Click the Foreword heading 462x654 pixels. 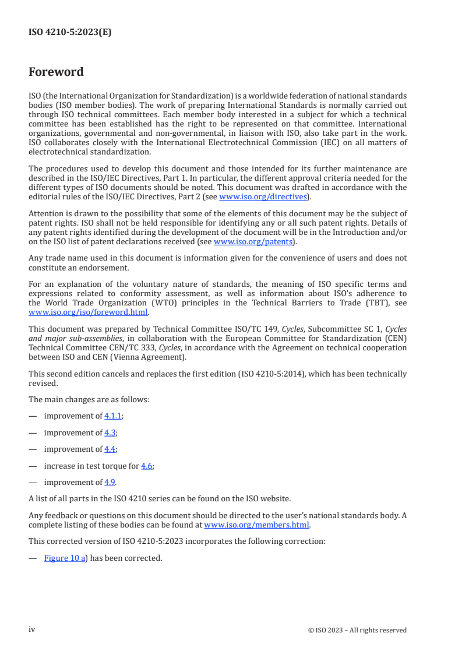pyautogui.click(x=56, y=72)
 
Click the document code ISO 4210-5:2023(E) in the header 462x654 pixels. pyautogui.click(x=70, y=33)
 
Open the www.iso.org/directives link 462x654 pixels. pyautogui.click(x=263, y=196)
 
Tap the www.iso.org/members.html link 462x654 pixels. pyautogui.click(x=257, y=525)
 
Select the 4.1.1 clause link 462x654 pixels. pyautogui.click(x=114, y=416)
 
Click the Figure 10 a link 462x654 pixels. pyautogui.click(x=65, y=558)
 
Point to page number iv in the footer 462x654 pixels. pyautogui.click(x=32, y=630)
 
